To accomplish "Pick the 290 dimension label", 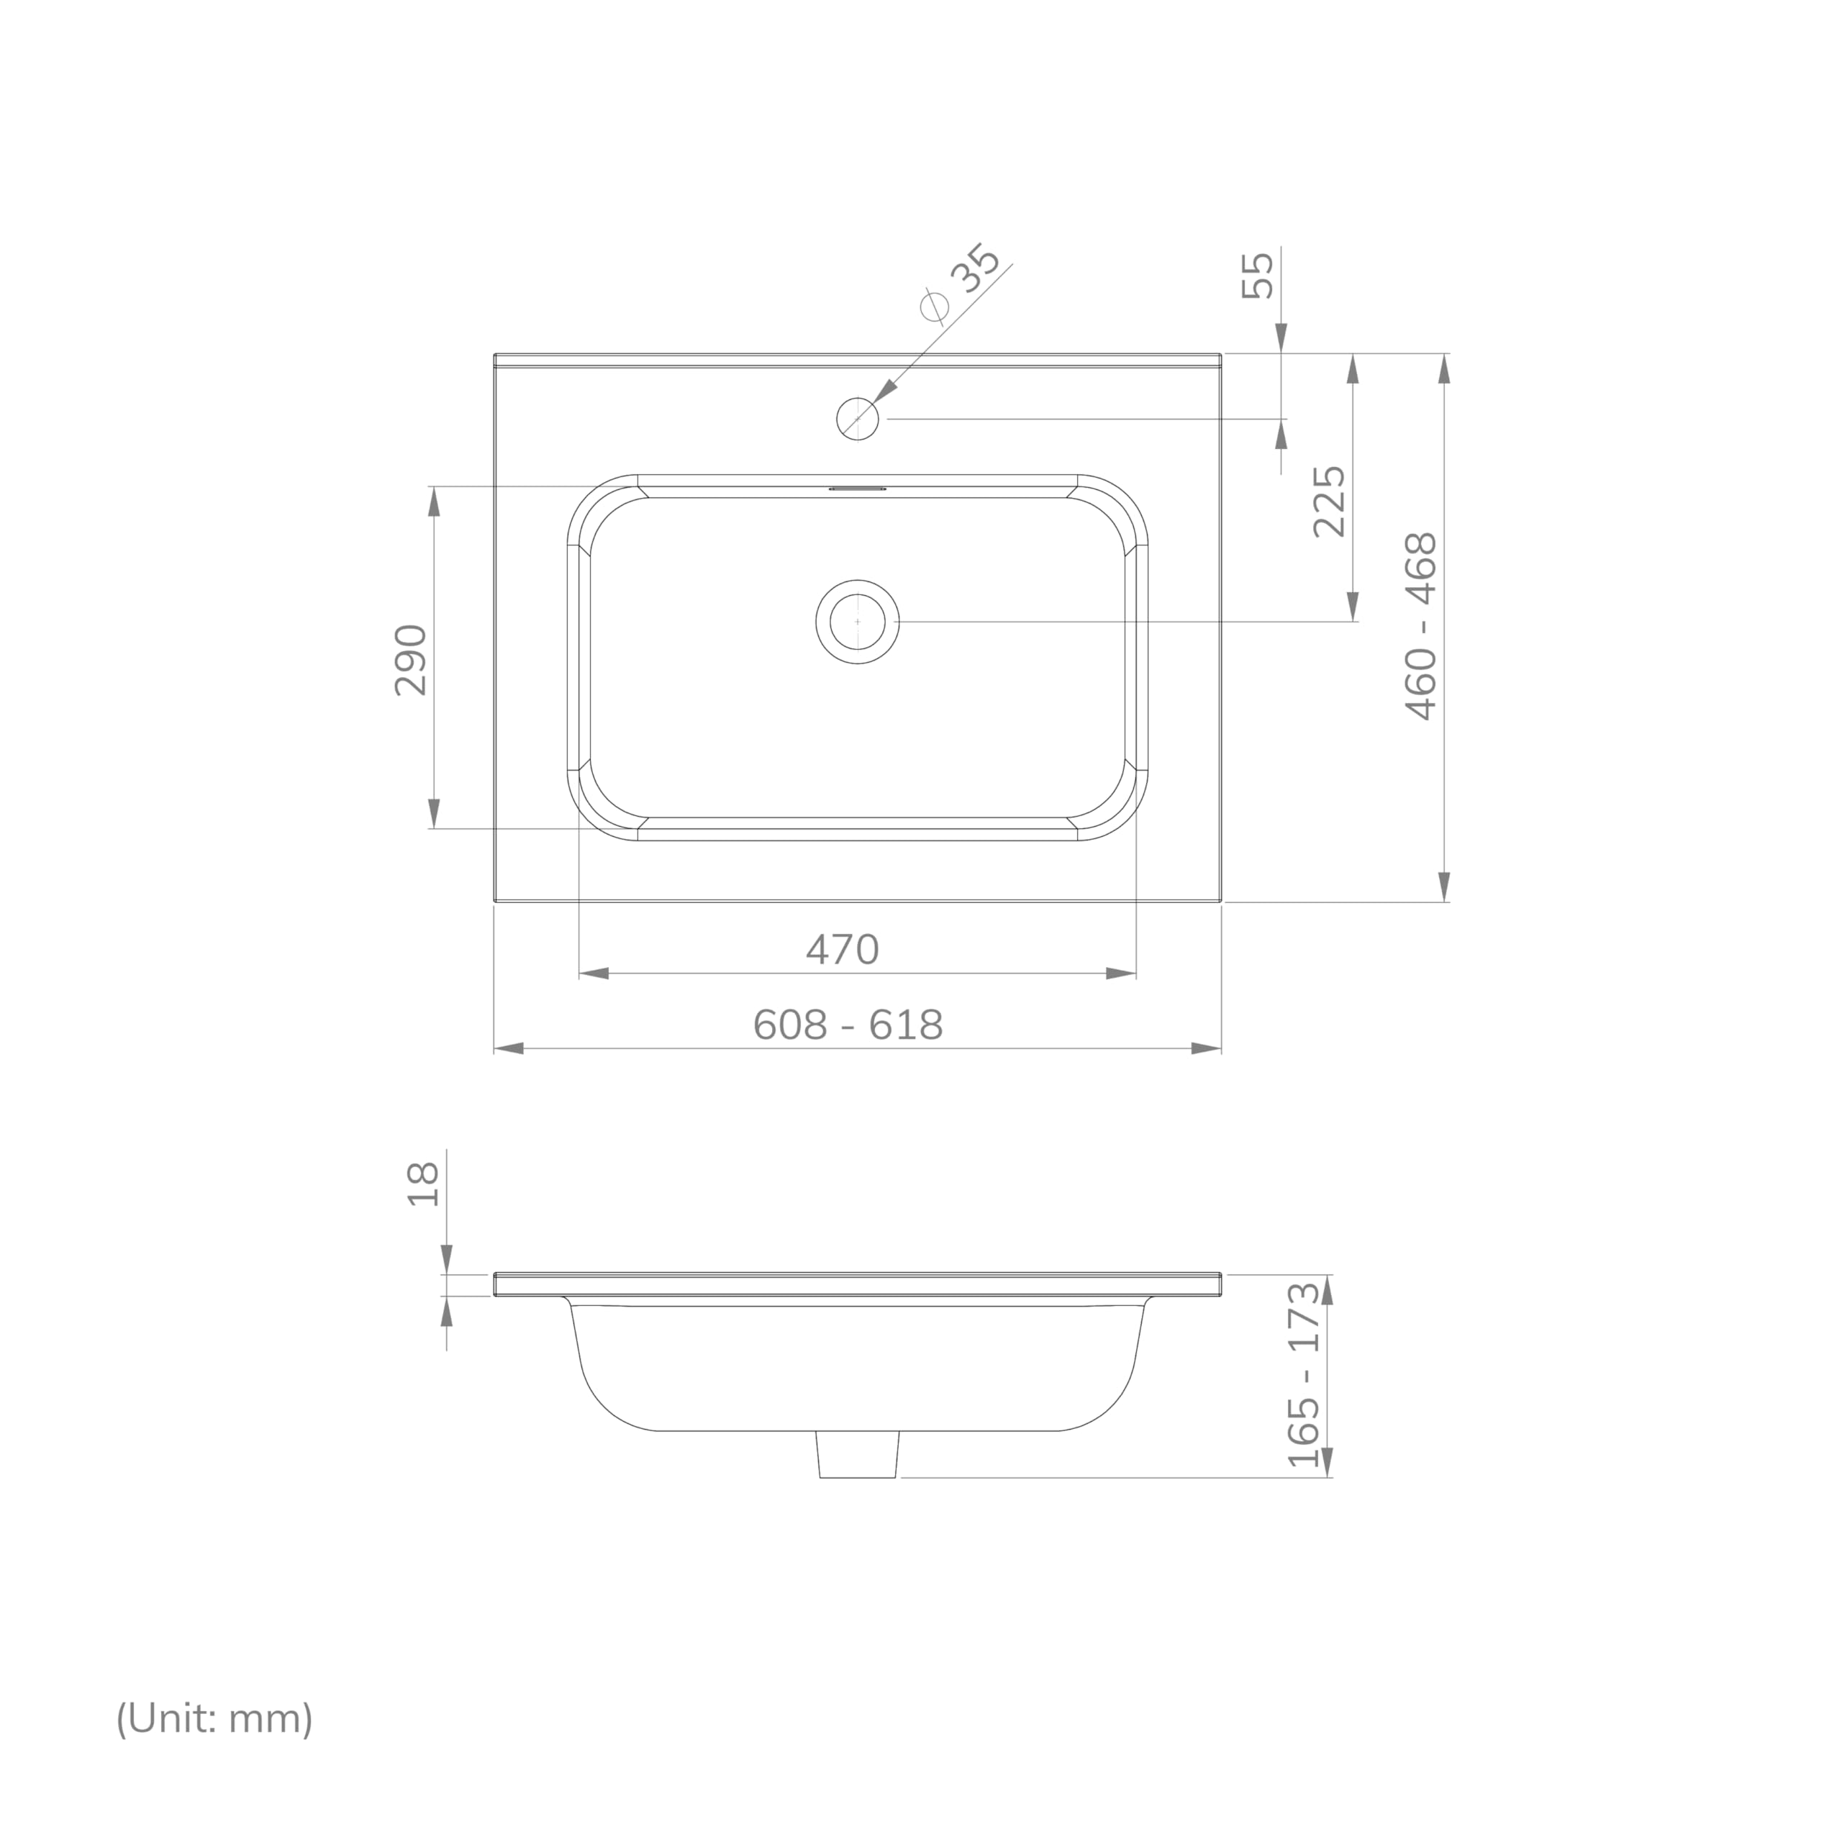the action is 411,661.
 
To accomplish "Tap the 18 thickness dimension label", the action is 423,1185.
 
